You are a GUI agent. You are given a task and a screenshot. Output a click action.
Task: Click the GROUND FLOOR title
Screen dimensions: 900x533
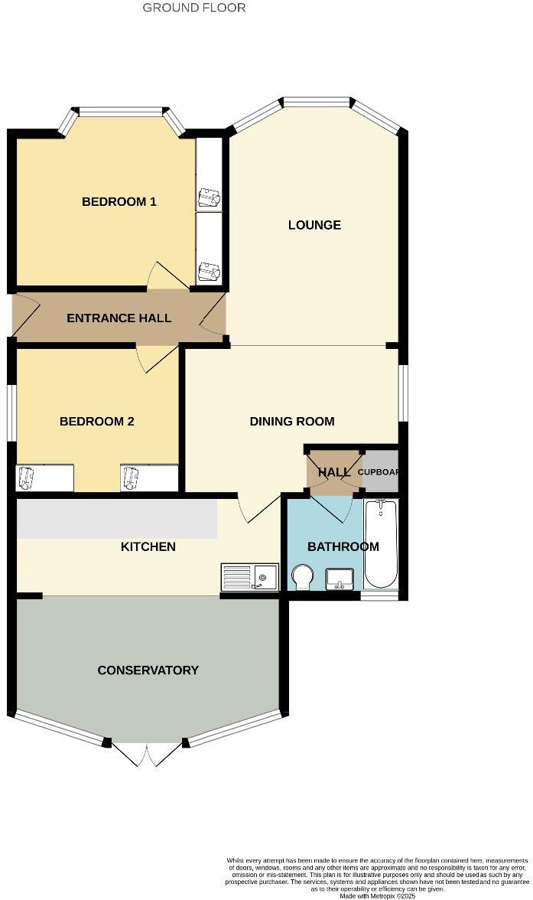pyautogui.click(x=194, y=8)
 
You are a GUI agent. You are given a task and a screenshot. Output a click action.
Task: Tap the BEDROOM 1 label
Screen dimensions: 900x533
pyautogui.click(x=119, y=202)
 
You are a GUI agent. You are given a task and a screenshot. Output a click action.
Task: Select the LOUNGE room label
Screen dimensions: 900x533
pyautogui.click(x=314, y=225)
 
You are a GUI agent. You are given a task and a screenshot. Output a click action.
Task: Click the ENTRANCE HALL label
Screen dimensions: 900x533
pyautogui.click(x=119, y=318)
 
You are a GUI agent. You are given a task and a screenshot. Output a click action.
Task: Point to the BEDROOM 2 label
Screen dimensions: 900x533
pyautogui.click(x=97, y=422)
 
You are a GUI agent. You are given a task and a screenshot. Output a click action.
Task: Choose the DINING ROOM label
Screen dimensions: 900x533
pyautogui.click(x=292, y=422)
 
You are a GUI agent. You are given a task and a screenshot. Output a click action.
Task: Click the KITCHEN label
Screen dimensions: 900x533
pyautogui.click(x=148, y=546)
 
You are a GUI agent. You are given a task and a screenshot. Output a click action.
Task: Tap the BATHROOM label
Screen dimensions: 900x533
pyautogui.click(x=343, y=546)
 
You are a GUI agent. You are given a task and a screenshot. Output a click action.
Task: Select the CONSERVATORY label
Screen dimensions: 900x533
pyautogui.click(x=148, y=670)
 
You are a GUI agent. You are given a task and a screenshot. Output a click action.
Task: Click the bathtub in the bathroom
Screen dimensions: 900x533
pyautogui.click(x=380, y=543)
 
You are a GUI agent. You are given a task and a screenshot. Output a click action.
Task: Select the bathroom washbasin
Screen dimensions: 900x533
pyautogui.click(x=340, y=579)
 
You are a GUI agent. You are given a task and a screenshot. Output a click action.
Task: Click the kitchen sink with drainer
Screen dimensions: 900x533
pyautogui.click(x=250, y=576)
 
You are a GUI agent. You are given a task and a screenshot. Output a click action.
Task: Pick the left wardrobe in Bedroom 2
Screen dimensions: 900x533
pyautogui.click(x=45, y=478)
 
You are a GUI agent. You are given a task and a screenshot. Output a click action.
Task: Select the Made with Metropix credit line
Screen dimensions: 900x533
pyautogui.click(x=377, y=895)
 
